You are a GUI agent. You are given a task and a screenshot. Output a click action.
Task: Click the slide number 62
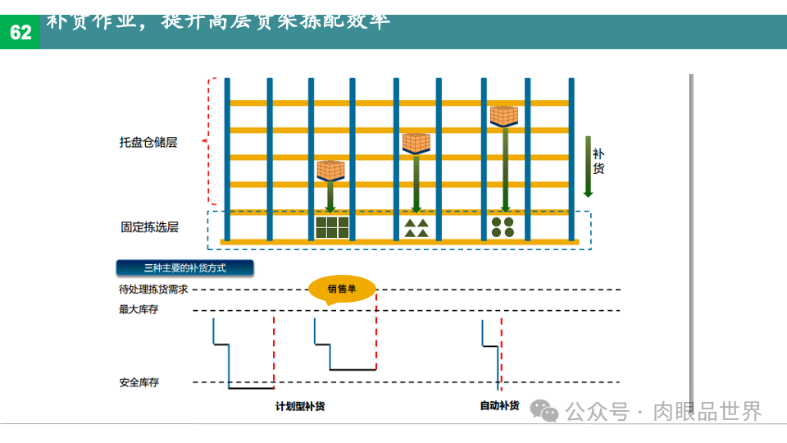point(20,33)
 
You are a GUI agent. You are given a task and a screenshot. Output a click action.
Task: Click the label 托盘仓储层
point(148,142)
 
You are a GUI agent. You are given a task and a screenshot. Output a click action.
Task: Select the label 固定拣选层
point(149,227)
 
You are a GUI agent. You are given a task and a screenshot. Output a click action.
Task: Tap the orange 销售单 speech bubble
point(342,289)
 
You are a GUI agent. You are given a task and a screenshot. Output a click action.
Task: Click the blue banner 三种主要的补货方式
point(184,267)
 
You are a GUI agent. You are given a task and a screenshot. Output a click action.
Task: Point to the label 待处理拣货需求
point(153,290)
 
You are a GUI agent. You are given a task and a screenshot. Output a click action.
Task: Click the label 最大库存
point(139,310)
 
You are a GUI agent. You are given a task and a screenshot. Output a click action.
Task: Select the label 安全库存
point(139,382)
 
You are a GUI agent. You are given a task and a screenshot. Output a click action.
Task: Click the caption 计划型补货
point(300,406)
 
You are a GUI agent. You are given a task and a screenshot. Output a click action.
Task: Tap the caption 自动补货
point(499,405)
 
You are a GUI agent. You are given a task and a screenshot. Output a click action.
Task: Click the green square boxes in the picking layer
point(332,227)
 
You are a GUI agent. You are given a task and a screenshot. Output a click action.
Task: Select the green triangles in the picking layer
point(416,227)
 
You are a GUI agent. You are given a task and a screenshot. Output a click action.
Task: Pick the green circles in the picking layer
point(503,227)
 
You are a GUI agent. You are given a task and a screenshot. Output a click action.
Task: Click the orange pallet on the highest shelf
point(503,116)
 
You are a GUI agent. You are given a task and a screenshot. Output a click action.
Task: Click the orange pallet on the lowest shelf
point(330,171)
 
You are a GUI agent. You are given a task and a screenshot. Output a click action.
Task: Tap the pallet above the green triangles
point(416,143)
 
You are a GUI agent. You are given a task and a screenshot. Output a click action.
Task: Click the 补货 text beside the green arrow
point(598,161)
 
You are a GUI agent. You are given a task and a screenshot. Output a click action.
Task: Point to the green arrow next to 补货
point(588,167)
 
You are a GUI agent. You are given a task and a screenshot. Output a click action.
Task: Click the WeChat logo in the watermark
point(544,410)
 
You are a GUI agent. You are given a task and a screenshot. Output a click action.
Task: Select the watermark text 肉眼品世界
point(707,411)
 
